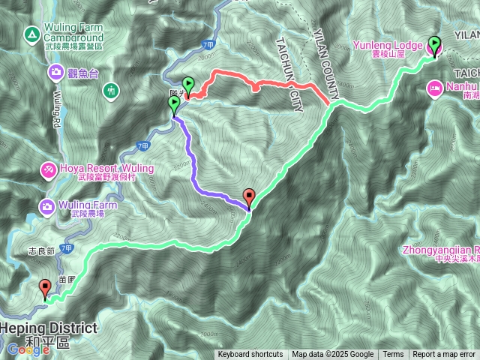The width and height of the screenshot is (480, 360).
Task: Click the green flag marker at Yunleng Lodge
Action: [x=433, y=46]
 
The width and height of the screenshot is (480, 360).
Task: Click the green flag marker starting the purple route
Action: [x=175, y=104]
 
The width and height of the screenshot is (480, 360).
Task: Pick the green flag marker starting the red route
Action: [x=187, y=85]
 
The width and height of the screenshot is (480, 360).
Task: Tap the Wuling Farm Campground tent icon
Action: [x=31, y=34]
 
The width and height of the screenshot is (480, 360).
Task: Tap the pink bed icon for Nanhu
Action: [x=434, y=88]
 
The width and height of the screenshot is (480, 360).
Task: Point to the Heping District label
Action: [x=49, y=328]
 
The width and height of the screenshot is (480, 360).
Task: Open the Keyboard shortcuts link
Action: [x=250, y=355]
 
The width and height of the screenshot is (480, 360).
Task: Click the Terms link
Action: [x=393, y=355]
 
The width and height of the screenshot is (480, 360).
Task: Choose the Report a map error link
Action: [x=445, y=355]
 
